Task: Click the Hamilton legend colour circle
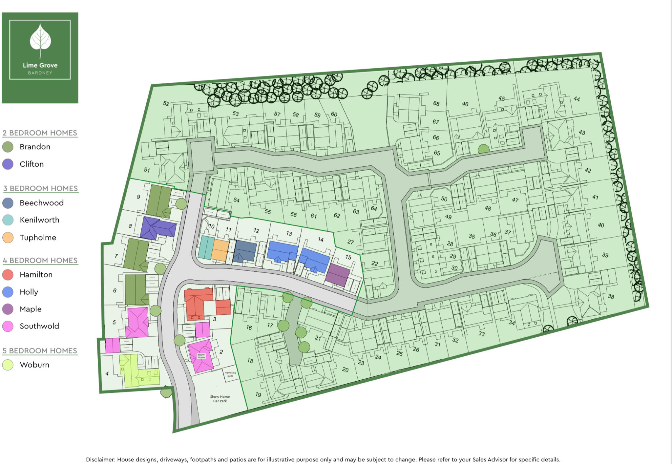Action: pos(8,275)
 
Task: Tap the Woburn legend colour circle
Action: pos(8,365)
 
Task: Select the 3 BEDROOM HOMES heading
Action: pos(40,188)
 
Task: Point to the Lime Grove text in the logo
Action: pos(40,65)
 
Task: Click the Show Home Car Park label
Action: pos(220,399)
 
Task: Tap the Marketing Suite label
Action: pos(230,374)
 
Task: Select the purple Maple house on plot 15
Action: pos(338,275)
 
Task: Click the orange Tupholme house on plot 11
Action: pos(220,250)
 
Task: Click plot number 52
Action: pos(166,104)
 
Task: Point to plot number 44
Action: pos(577,99)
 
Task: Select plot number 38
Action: pos(611,296)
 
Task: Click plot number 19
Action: pos(258,394)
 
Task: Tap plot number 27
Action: pos(350,242)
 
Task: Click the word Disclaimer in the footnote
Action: pos(100,459)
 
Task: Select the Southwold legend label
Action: pos(39,326)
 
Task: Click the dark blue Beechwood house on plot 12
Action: pos(245,251)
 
